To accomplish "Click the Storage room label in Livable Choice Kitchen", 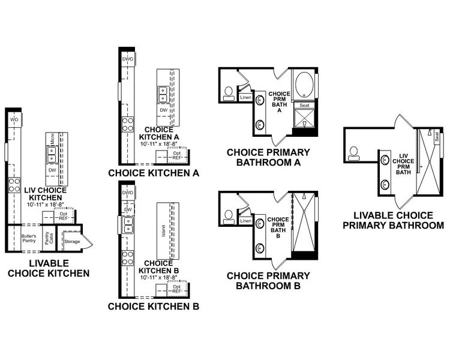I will (72, 241).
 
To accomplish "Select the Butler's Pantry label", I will (29, 238).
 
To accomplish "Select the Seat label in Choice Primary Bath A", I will (304, 105).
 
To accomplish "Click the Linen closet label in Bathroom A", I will (245, 97).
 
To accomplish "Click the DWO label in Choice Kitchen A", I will (127, 59).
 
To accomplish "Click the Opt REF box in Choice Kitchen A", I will (177, 155).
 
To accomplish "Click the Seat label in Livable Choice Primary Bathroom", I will (437, 137).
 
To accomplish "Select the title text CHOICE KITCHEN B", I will (154, 307).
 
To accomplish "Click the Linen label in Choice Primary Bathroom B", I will (245, 221).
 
